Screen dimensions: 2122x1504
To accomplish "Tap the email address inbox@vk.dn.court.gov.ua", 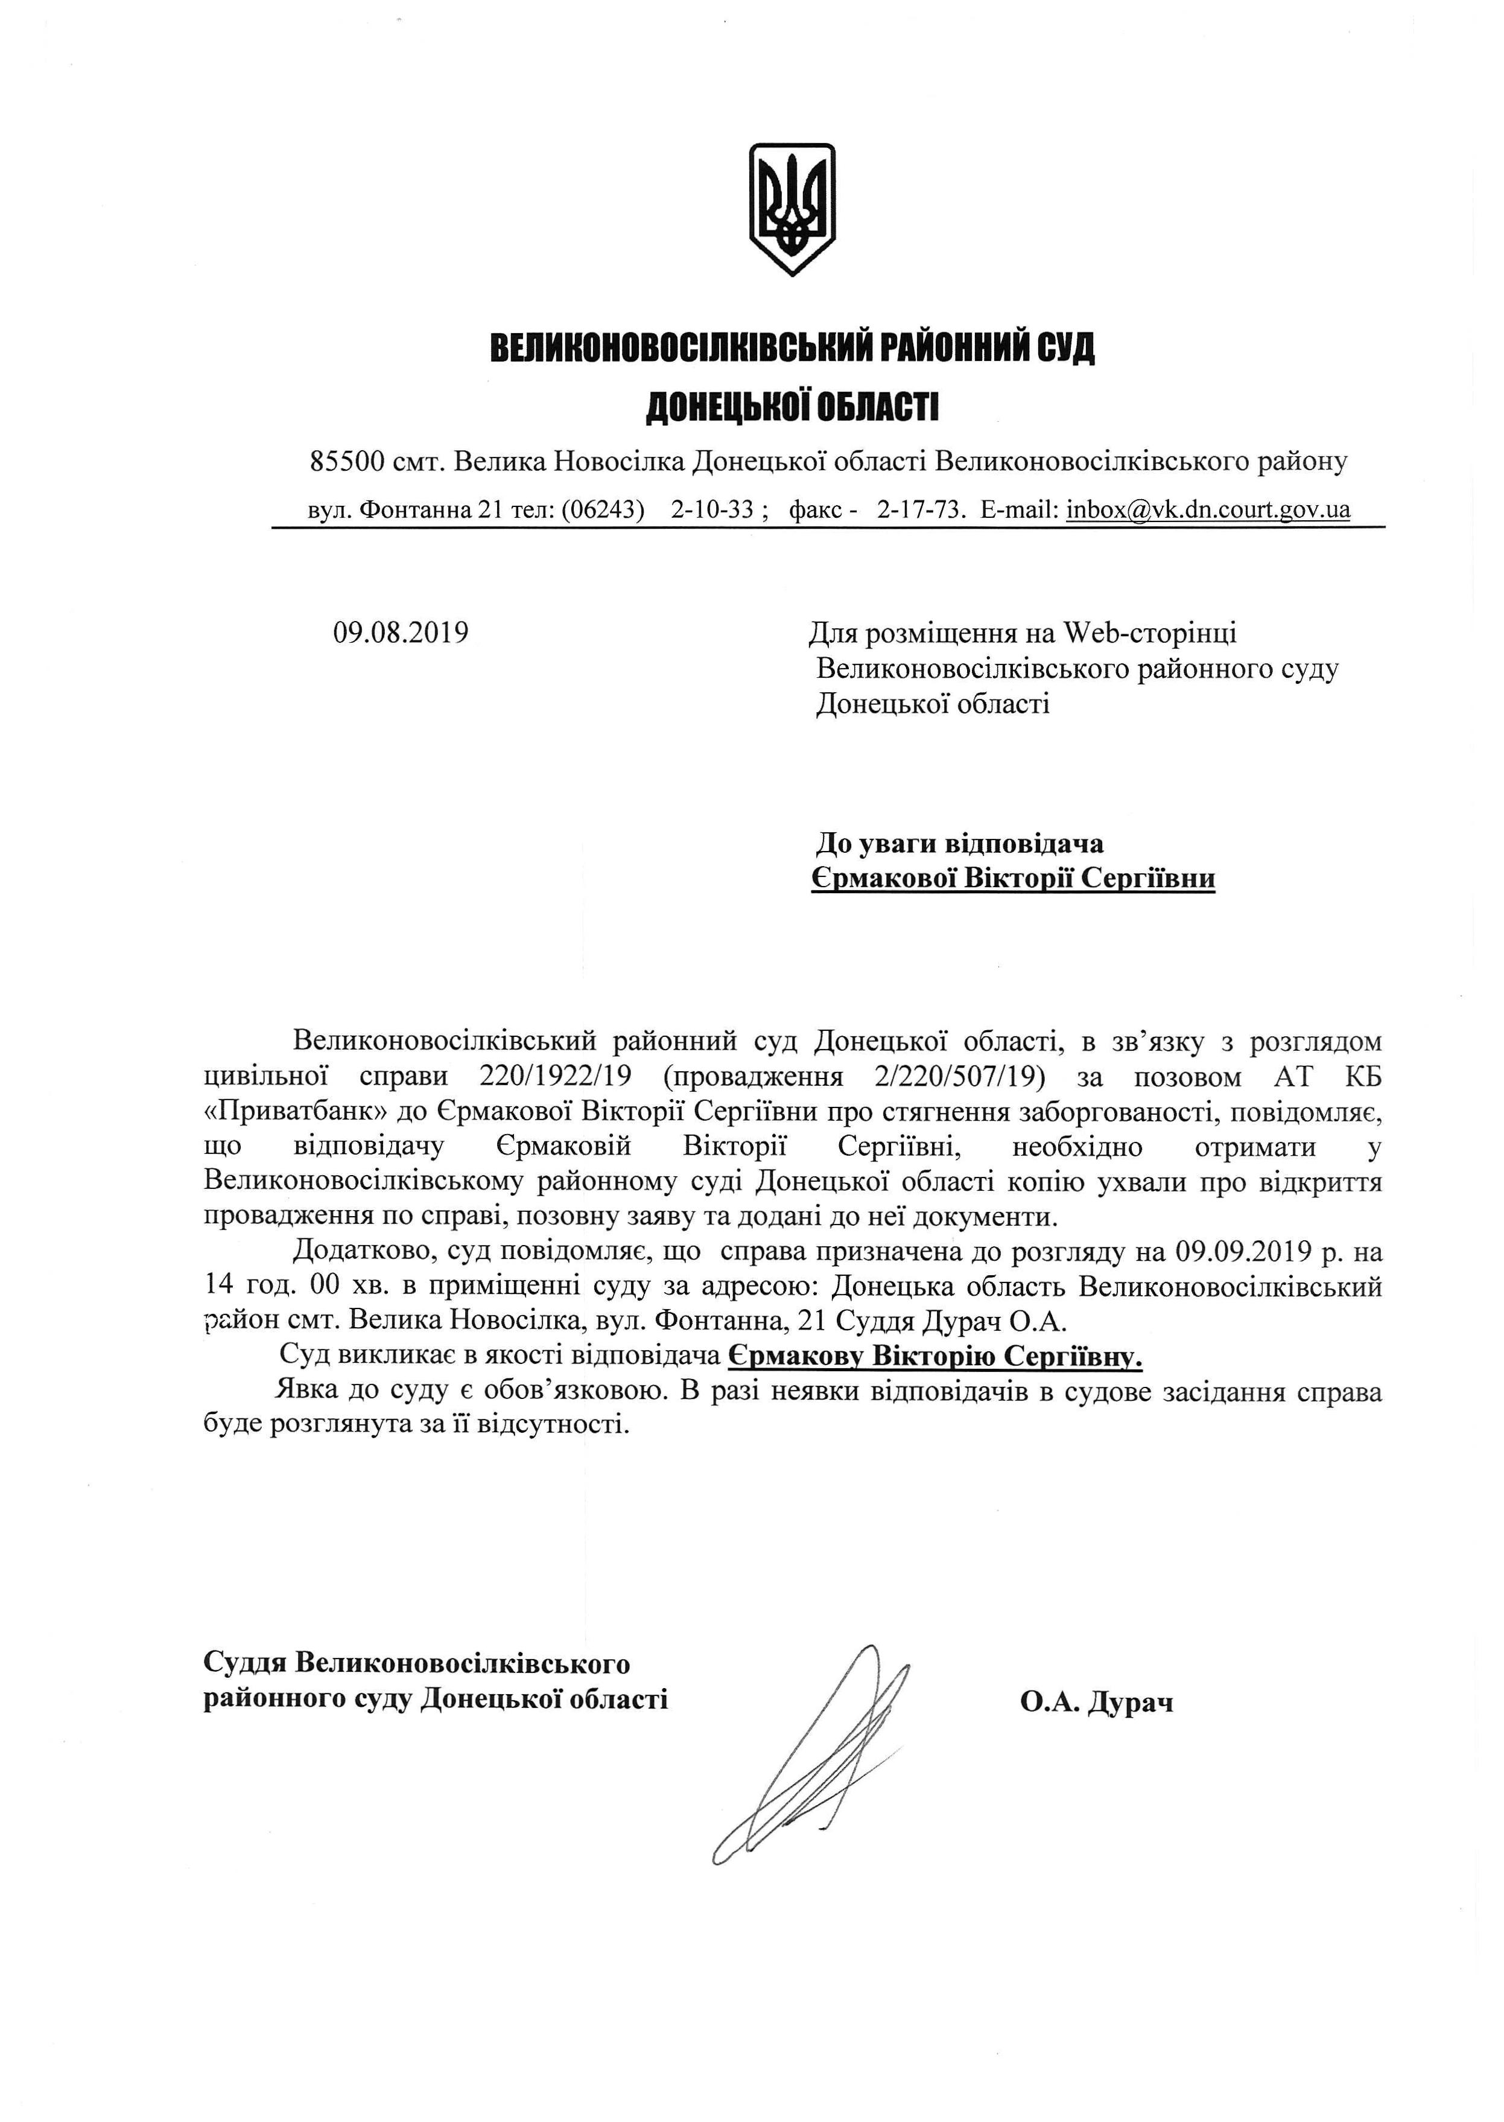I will (x=1208, y=509).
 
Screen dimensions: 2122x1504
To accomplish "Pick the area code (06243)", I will (x=602, y=509).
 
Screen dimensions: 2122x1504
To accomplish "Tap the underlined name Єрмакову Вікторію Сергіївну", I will (x=935, y=1357).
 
